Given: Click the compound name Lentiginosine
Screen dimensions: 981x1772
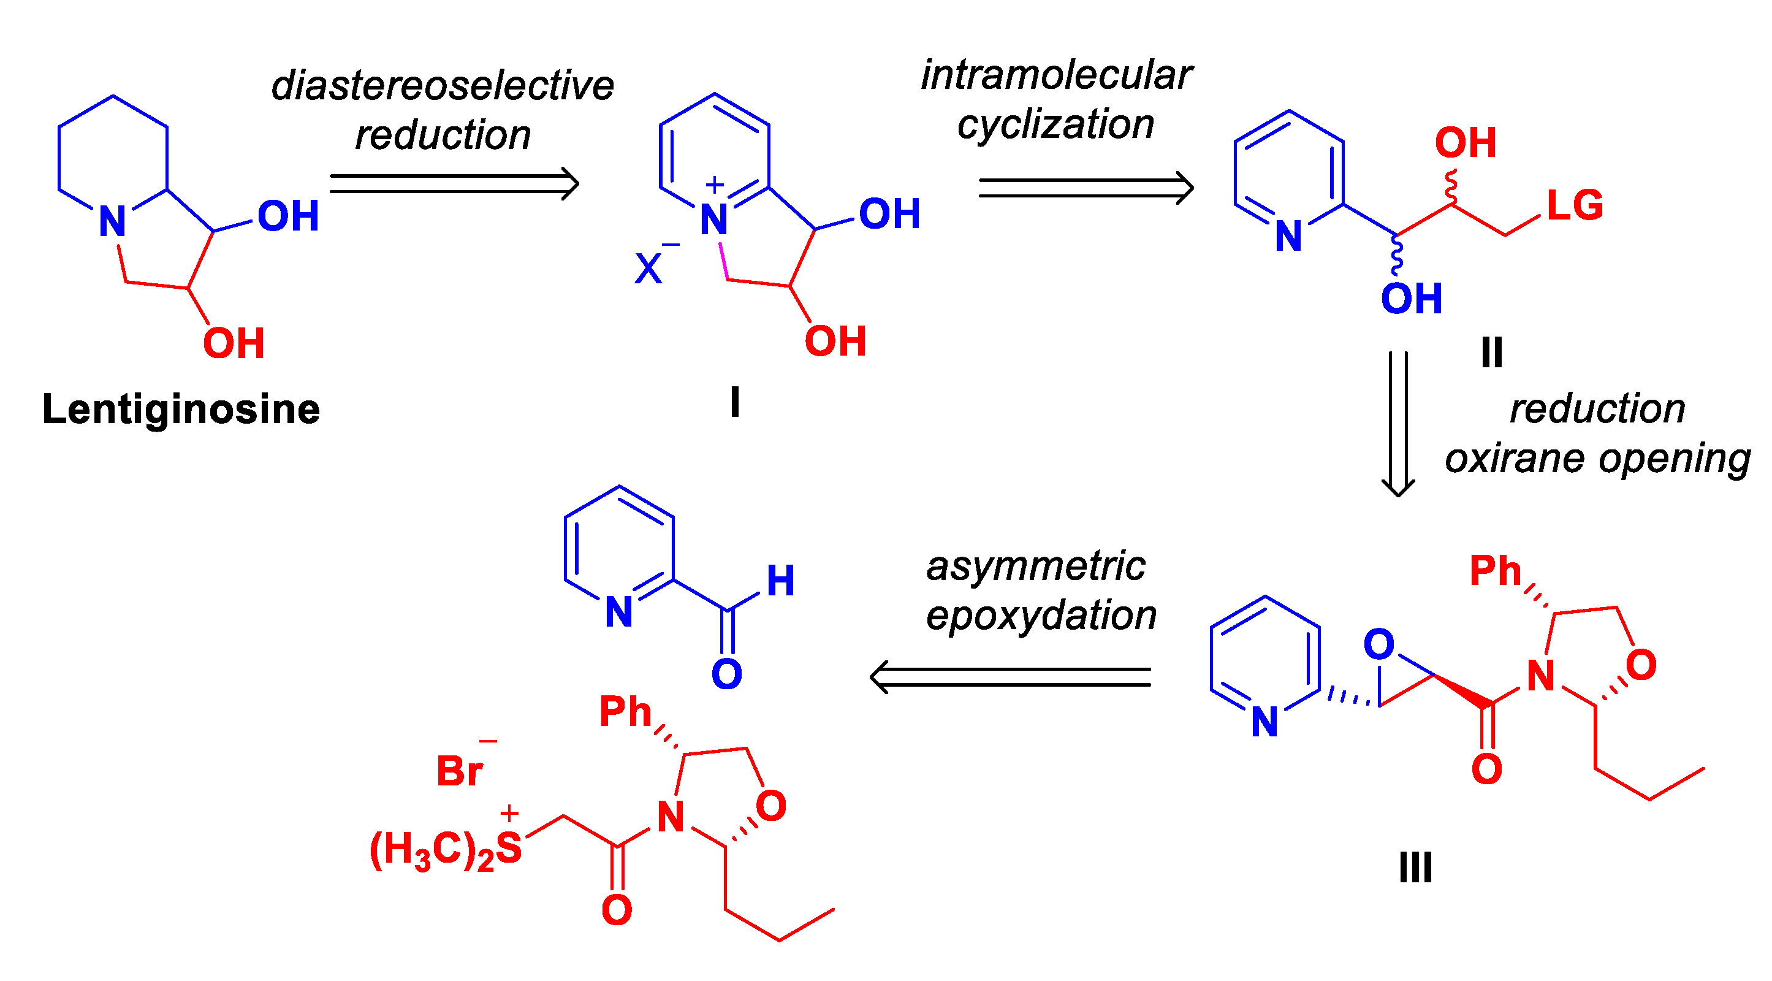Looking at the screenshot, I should [x=181, y=410].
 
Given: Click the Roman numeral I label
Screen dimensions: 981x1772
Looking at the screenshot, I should [x=735, y=402].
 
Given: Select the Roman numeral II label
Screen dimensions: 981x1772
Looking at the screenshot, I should [x=1491, y=353].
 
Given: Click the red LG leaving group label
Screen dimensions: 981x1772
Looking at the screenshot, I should [x=1575, y=205].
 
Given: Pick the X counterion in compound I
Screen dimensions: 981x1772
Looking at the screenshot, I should [x=648, y=269].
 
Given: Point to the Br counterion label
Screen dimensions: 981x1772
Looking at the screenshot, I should [x=460, y=771].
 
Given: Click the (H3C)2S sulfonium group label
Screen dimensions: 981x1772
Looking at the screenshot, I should [x=446, y=849].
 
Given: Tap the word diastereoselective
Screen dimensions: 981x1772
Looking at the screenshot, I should [x=443, y=86].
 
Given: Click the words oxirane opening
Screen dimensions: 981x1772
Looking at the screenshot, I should [x=1597, y=458].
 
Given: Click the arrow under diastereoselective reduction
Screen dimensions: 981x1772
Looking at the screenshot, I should [x=454, y=184].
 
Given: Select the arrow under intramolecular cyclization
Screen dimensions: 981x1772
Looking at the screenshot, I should [x=1086, y=188].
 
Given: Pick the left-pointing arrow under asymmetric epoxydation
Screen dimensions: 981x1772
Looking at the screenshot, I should [x=1010, y=677].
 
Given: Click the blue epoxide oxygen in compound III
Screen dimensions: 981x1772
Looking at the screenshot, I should [x=1378, y=644].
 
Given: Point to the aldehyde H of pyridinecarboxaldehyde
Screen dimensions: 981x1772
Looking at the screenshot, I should [x=781, y=581].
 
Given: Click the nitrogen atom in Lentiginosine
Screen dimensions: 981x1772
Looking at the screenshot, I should [x=113, y=221].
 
